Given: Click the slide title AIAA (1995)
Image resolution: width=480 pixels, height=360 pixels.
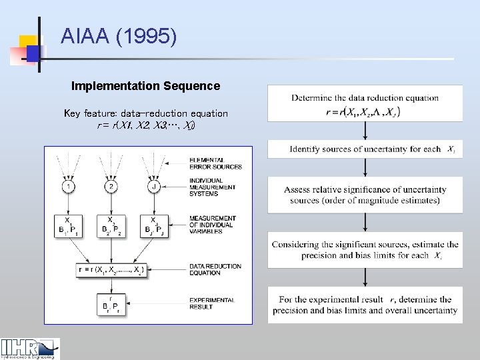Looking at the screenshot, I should click(119, 37).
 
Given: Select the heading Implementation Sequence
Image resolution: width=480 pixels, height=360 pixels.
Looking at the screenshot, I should click(145, 86).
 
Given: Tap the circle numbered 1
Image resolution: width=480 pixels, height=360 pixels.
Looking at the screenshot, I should click(69, 186).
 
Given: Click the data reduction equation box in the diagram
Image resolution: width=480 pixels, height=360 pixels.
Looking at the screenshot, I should click(110, 270).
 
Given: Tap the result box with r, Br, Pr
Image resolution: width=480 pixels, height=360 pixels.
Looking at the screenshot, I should click(110, 303).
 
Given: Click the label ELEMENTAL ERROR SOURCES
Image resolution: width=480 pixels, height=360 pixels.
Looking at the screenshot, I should click(215, 163).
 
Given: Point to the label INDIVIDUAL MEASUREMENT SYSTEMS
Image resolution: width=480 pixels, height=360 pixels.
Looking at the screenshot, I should click(212, 187).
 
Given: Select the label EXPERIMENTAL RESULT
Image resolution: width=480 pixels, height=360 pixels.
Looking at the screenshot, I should click(212, 303).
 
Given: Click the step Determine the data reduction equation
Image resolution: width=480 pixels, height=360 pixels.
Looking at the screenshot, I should click(365, 105).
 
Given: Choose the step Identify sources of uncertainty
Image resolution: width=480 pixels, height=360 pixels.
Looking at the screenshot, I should click(365, 149).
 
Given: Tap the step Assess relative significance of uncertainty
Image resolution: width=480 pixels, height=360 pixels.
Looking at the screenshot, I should click(365, 195).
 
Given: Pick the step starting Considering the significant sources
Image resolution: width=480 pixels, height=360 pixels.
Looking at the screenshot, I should click(365, 250).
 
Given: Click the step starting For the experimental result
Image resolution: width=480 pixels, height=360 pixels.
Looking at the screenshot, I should click(365, 305).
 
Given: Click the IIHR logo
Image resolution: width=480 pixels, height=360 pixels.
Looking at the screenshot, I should click(30, 349).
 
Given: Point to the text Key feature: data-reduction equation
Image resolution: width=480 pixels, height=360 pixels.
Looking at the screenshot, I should click(145, 113).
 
